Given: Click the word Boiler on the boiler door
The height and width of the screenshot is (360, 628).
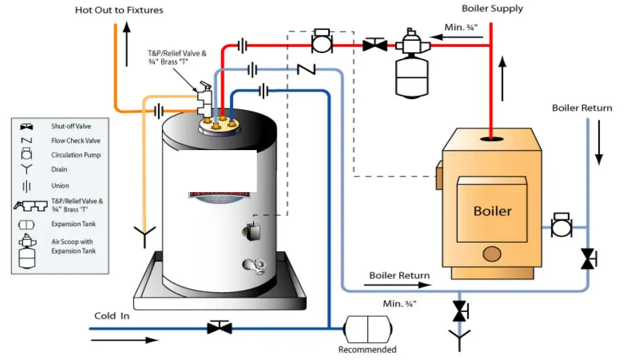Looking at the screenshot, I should tap(492, 211).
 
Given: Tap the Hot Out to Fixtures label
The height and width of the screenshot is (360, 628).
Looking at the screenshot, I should tap(119, 10).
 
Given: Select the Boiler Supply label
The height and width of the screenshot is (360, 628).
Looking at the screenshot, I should tap(492, 8).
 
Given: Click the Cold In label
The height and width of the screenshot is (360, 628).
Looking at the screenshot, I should tap(112, 316).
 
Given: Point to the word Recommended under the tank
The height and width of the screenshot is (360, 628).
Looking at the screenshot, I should tap(367, 350).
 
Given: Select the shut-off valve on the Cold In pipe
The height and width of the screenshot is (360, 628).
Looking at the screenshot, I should tap(219, 328).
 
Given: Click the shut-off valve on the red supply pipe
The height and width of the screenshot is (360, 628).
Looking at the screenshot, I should tap(375, 46).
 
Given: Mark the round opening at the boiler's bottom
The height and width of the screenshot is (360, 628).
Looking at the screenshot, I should tap(492, 254).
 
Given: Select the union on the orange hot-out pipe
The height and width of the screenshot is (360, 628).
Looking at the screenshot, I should tap(158, 111).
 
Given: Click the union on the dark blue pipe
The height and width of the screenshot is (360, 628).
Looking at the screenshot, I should tap(263, 91).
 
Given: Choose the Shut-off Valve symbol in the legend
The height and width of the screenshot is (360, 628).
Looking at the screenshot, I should tap(26, 126).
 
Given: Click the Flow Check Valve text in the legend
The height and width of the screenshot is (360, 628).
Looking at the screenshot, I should tap(76, 141).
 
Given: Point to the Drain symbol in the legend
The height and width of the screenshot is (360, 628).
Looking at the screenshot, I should tap(26, 170).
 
